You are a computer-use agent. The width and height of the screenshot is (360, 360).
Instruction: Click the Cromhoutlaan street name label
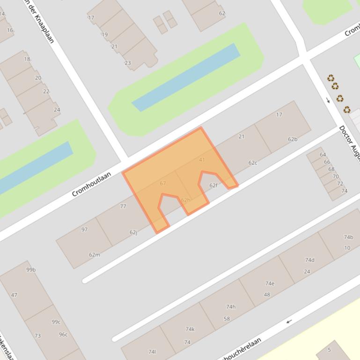(x=92, y=184)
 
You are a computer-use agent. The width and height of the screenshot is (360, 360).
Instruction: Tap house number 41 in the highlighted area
(x=202, y=160)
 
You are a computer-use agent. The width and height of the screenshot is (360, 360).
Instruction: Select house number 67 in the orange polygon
(x=163, y=183)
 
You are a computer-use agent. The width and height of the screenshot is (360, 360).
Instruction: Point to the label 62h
(x=185, y=200)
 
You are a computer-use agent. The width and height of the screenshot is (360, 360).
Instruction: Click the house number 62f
(x=213, y=186)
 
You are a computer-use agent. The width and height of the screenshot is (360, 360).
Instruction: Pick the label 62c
(x=253, y=163)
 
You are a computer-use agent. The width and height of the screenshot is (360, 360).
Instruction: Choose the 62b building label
(x=293, y=139)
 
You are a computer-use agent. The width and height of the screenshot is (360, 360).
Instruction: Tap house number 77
(x=123, y=206)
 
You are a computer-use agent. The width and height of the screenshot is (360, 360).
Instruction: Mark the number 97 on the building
(x=84, y=230)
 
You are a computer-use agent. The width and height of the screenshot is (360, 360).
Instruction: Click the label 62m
(x=95, y=255)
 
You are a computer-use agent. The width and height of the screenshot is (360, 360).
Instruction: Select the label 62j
(x=133, y=232)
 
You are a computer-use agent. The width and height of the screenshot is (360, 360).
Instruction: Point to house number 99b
(x=31, y=270)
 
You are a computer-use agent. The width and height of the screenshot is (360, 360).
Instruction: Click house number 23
(x=128, y=63)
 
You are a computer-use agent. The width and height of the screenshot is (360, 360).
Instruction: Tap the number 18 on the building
(x=27, y=59)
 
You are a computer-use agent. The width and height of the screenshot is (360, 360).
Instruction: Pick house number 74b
(x=348, y=237)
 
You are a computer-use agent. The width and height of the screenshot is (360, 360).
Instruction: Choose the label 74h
(x=231, y=307)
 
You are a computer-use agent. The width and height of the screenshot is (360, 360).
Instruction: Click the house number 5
(x=329, y=350)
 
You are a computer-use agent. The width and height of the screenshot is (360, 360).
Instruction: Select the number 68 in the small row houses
(x=331, y=169)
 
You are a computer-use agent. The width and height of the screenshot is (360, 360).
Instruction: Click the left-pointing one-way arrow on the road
(x=289, y=321)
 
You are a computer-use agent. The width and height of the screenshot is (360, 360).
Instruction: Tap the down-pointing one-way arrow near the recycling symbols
(x=328, y=100)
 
